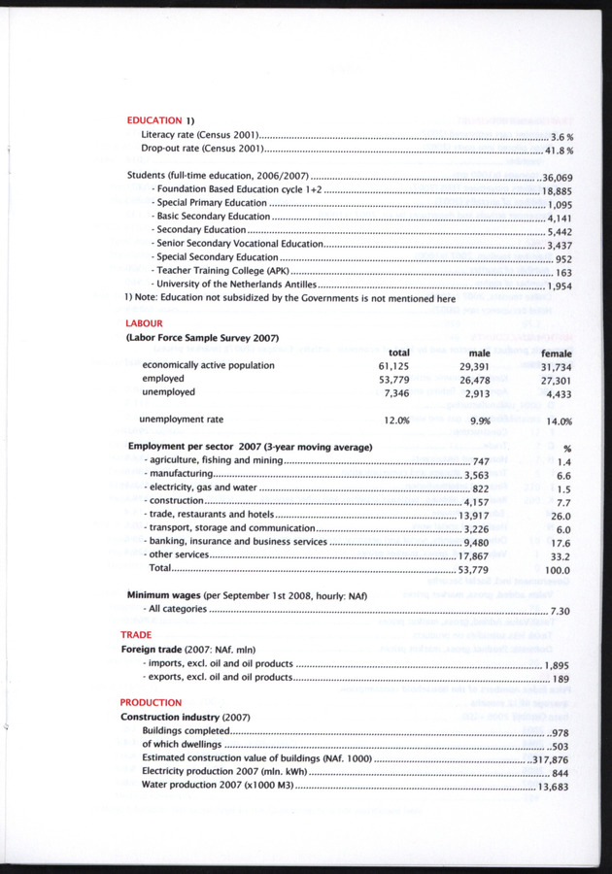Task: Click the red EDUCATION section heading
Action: pos(155,119)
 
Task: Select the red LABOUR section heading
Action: pos(144,322)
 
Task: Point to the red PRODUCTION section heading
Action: pos(151,701)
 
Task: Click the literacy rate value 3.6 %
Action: pos(562,138)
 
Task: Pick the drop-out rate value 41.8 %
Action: pos(561,151)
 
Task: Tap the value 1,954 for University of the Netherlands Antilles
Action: pos(559,286)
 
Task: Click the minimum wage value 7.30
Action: pos(561,610)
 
